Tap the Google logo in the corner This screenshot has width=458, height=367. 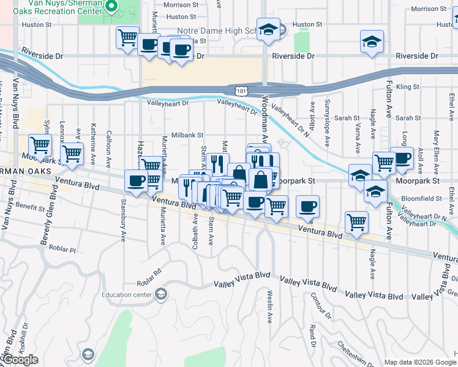[20, 360]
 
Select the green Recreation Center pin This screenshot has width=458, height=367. [111, 7]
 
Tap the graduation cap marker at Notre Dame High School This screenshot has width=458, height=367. [268, 30]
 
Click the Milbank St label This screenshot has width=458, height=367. [187, 135]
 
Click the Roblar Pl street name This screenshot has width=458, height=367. [63, 250]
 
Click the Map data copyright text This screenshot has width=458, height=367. [419, 362]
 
